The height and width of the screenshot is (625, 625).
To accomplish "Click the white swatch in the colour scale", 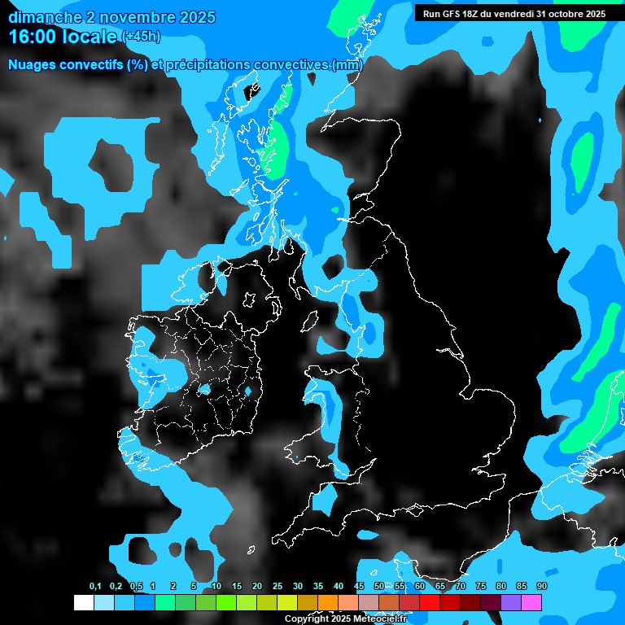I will click(84, 602).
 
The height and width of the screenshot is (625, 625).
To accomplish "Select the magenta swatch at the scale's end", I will click(531, 602).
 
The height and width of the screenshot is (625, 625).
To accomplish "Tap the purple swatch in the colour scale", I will click(511, 602).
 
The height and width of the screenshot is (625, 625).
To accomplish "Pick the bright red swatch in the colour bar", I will click(430, 602).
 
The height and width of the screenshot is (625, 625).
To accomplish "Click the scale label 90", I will click(542, 587).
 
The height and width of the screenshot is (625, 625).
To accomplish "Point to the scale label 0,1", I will click(95, 587).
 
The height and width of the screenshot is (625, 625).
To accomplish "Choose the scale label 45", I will click(359, 587).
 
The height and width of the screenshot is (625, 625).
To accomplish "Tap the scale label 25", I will click(278, 587).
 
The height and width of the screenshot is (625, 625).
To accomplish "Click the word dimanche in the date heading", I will click(42, 17).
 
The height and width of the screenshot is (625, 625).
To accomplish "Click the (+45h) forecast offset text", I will click(140, 36).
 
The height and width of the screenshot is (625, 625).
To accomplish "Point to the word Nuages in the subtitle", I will click(32, 65).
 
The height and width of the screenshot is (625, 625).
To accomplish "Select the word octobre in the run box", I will click(559, 14).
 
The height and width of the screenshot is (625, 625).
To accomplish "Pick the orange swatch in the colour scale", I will click(328, 602).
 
